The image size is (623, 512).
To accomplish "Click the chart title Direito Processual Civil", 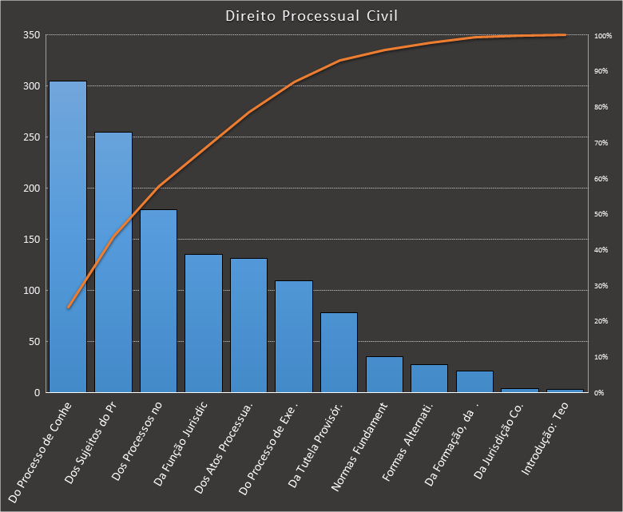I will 311,16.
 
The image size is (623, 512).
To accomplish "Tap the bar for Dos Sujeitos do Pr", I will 113,263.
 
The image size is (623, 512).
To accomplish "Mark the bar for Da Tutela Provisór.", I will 339,352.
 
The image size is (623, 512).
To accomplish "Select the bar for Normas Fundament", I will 384,375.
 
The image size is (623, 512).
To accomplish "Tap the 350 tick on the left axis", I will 31,35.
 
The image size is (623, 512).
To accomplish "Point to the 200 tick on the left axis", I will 31,189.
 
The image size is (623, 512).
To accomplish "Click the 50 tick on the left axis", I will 34,342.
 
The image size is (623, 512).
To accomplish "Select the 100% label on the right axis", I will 603,36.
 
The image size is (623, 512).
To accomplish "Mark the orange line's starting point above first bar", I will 68,308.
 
